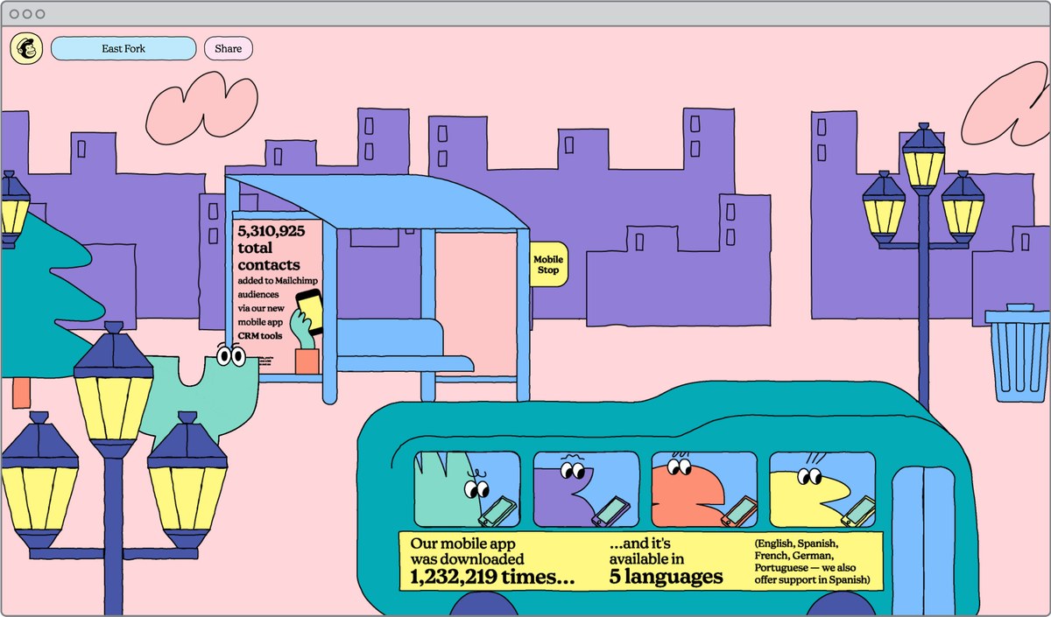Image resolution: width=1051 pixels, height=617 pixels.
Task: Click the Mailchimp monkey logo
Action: [x=27, y=48]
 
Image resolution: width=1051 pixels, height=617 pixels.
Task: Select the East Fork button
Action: [x=123, y=48]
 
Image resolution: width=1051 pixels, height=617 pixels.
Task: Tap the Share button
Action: [x=229, y=48]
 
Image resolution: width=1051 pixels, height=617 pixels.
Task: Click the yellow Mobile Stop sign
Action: [x=548, y=264]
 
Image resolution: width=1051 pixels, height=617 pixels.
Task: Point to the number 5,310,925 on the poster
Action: [x=272, y=231]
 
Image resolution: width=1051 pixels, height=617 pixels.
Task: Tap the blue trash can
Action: [x=1018, y=354]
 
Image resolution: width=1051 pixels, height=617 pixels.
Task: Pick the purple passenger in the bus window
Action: [x=566, y=494]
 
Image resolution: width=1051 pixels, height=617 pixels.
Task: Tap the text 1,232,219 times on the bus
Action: [x=492, y=577]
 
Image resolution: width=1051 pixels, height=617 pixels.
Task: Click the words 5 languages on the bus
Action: [x=666, y=577]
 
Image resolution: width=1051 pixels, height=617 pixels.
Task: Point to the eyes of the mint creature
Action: [x=231, y=356]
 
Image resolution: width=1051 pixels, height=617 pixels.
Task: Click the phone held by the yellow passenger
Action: [x=858, y=512]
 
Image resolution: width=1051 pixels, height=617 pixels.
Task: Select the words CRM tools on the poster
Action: [x=260, y=336]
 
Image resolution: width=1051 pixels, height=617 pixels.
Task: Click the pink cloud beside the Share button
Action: [x=201, y=108]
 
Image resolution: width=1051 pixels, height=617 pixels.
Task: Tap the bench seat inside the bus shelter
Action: [x=405, y=364]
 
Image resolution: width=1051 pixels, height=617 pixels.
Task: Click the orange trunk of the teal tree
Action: [x=21, y=393]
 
